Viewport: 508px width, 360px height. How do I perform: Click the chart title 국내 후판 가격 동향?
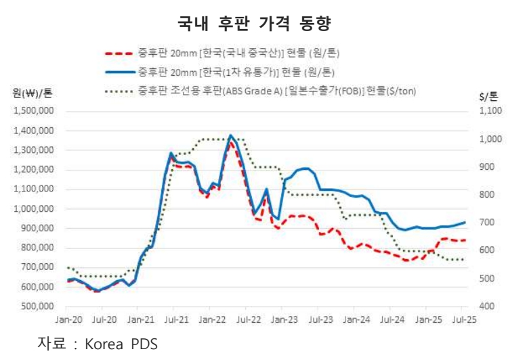(x=253, y=22)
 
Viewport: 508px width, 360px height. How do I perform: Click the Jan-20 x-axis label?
(x=66, y=318)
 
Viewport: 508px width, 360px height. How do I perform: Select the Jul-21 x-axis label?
(x=176, y=318)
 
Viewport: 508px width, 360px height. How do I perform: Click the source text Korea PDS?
(x=121, y=344)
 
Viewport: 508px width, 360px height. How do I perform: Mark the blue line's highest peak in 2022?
(x=230, y=135)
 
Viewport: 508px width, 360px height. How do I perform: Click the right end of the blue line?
(x=465, y=222)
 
